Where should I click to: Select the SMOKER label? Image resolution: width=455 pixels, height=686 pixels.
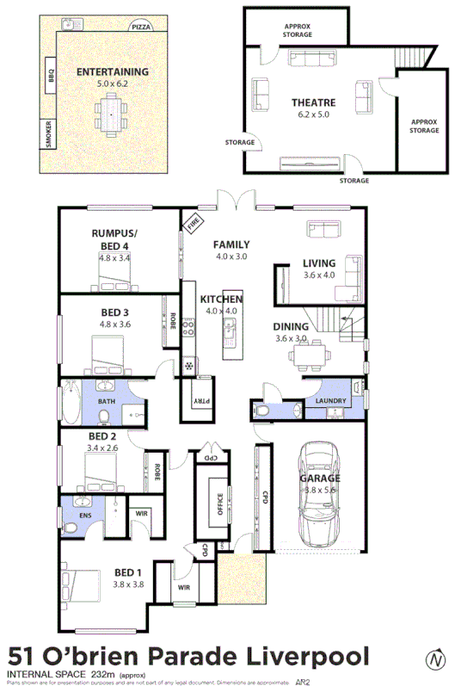(x=48, y=136)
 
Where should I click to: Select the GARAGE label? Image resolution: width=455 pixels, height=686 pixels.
(x=319, y=478)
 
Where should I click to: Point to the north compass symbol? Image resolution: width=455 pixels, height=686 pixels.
(x=437, y=659)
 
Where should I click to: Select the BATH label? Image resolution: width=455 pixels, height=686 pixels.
(x=106, y=401)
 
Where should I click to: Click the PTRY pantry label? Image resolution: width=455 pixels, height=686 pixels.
(x=198, y=400)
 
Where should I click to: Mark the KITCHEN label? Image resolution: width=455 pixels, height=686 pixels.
(x=221, y=299)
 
